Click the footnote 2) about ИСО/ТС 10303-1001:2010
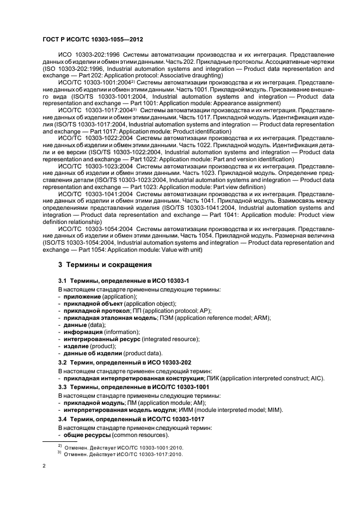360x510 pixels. pos(120,446)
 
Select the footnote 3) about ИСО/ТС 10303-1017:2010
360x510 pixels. pos(120,454)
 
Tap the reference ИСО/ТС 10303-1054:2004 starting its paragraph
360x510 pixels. pos(95,229)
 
